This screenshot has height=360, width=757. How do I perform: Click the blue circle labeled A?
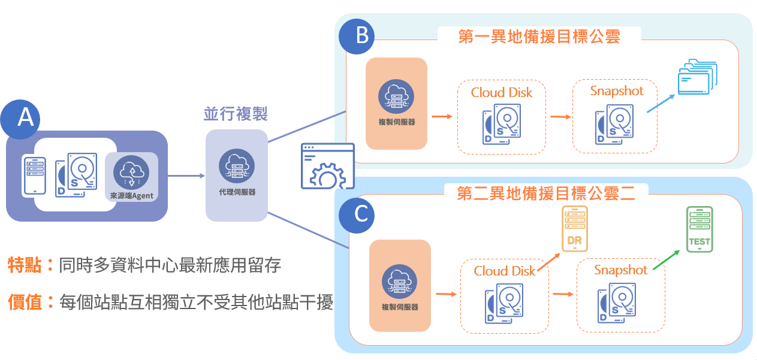25,117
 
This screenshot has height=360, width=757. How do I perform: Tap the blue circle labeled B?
361,37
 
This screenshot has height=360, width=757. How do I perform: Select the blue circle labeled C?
361,214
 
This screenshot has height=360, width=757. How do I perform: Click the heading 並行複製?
235,113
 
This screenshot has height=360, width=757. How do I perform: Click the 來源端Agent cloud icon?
131,173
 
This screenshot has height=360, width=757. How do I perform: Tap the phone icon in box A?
34,176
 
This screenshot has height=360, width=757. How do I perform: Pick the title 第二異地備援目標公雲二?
545,193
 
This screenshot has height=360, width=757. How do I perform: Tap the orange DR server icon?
574,228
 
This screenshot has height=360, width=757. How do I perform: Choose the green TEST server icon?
699,229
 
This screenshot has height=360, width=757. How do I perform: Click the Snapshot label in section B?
616,91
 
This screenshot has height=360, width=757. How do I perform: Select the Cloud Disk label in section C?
504,271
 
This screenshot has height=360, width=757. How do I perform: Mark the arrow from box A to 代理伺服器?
186,176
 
